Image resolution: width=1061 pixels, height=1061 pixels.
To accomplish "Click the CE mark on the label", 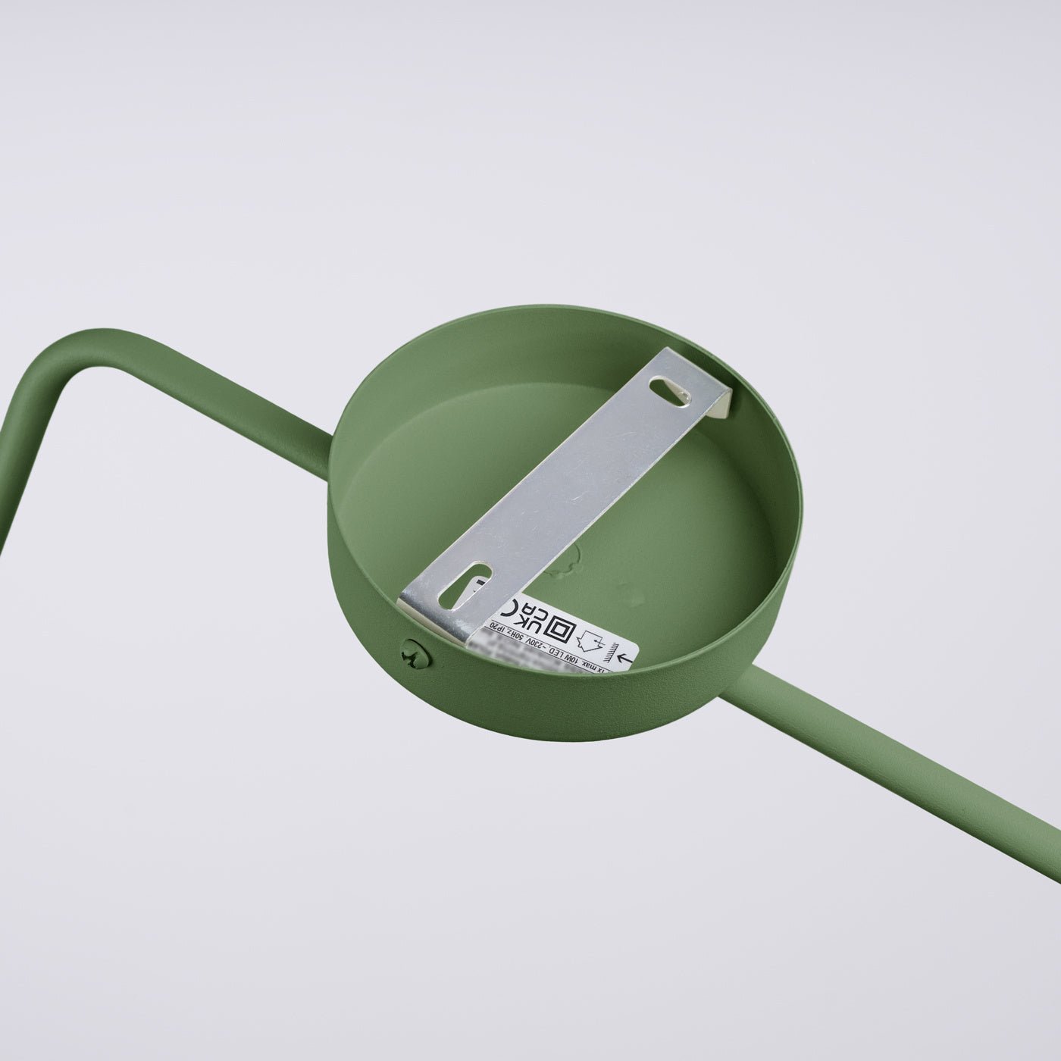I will [x=514, y=606].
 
